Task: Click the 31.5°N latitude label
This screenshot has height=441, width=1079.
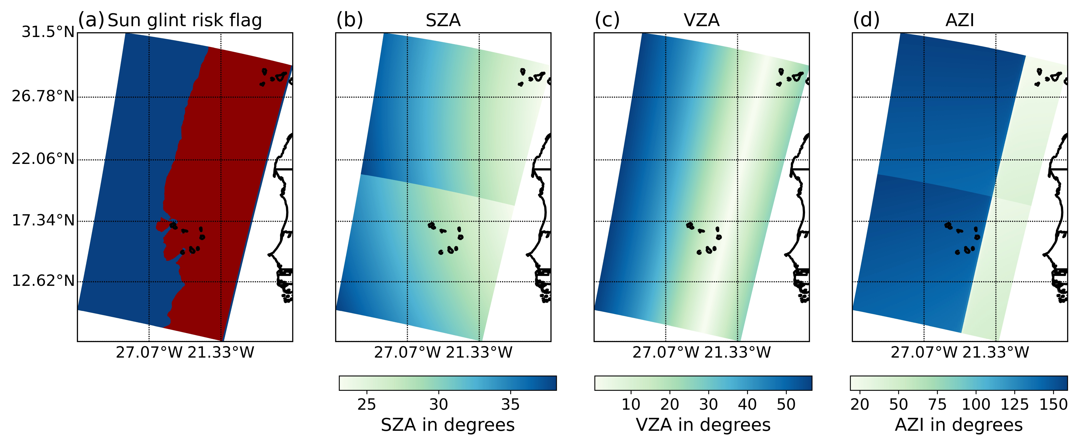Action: coord(48,32)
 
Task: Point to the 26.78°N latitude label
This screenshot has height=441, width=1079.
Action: coord(43,96)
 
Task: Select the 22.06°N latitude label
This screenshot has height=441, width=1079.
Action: coord(43,159)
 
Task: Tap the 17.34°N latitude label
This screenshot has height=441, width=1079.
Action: coord(43,220)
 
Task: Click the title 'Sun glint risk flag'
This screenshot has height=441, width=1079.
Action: coord(185,20)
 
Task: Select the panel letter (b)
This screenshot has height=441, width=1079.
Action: coord(349,20)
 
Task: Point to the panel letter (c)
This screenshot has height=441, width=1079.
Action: coord(607,20)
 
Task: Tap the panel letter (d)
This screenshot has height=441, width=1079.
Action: coord(866,20)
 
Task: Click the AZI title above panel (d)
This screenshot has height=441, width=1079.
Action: coord(960,20)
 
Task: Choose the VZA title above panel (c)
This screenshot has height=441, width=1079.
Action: coord(702,20)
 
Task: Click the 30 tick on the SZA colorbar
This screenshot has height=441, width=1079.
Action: coord(438,404)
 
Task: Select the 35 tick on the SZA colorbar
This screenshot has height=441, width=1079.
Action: coord(510,404)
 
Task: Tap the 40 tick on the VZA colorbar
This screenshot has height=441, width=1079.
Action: coord(747,404)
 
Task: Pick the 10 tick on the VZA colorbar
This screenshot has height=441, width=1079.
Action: coord(631,404)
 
